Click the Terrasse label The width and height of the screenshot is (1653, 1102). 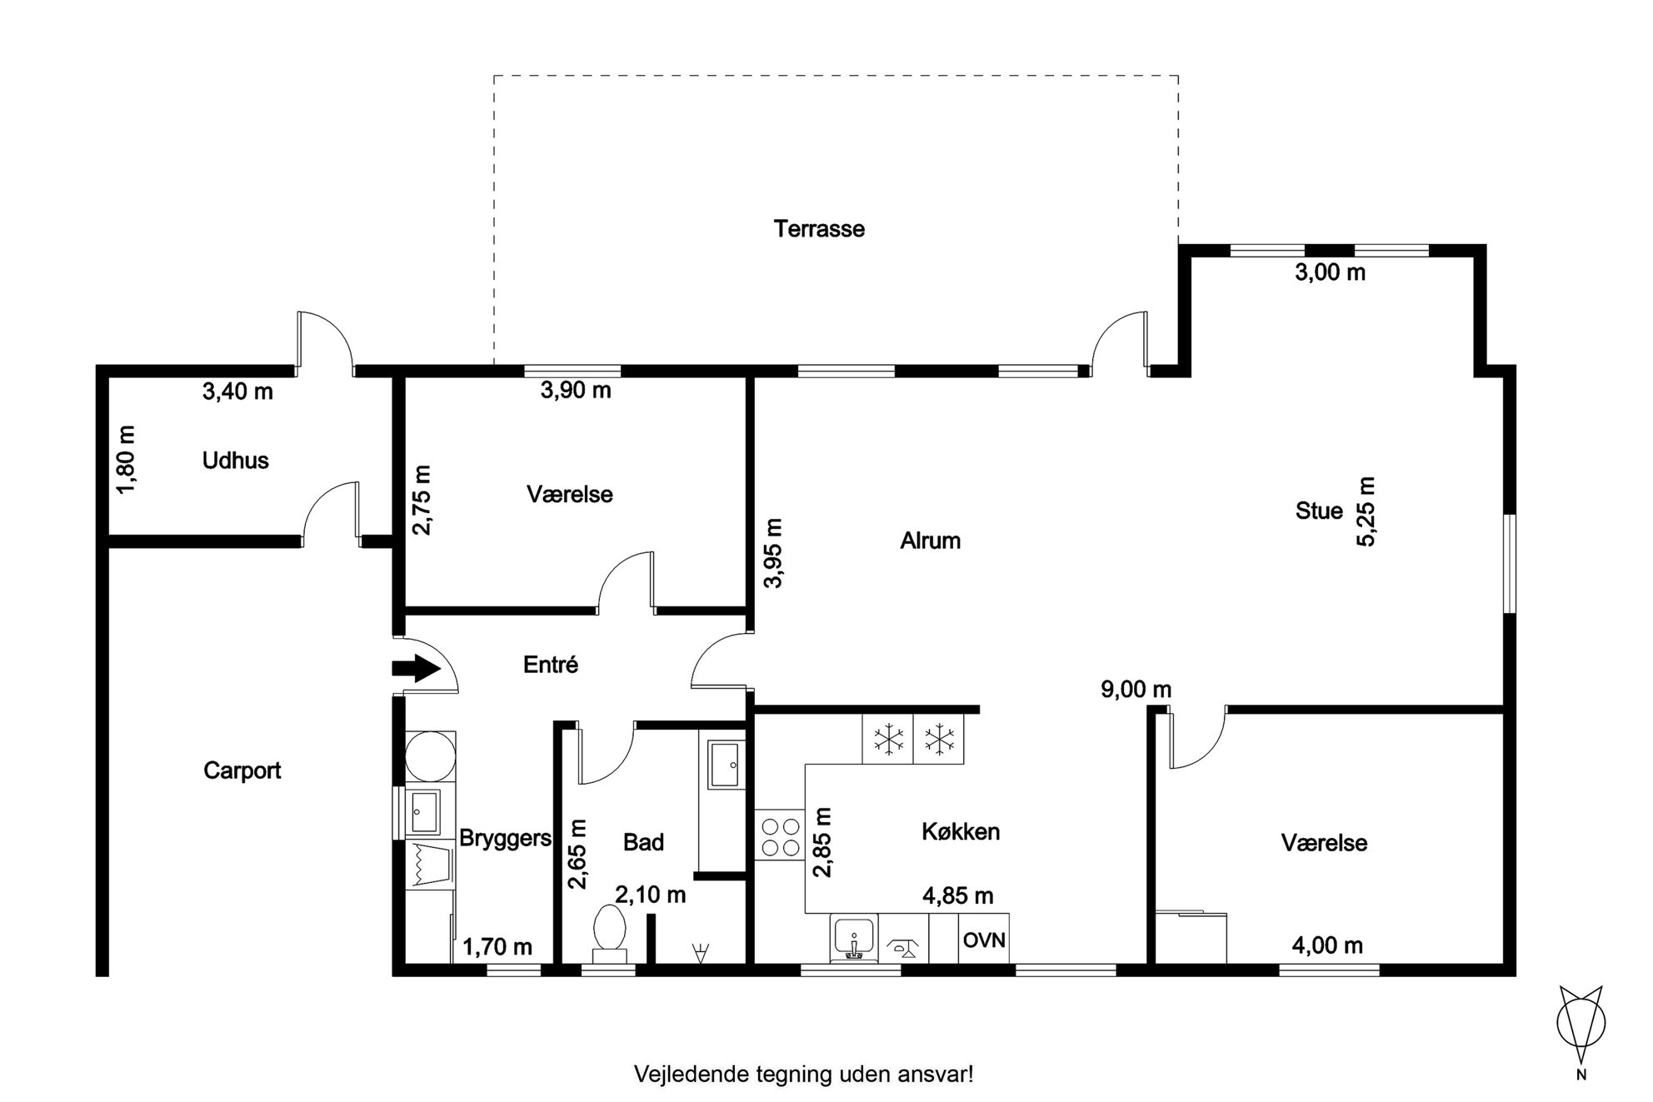(819, 229)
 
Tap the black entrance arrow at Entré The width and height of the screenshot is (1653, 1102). (416, 667)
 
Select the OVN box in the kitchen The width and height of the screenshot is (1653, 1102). (984, 940)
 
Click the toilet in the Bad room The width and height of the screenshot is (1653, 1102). (609, 935)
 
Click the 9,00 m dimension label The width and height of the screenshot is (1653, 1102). (1136, 690)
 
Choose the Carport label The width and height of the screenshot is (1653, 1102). (242, 770)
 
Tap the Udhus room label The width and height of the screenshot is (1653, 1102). (235, 461)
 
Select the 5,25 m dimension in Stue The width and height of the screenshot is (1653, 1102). (1366, 511)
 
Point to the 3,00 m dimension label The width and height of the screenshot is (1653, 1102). (1330, 272)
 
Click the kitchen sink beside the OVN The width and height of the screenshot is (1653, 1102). (853, 939)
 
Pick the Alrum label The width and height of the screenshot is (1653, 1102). (930, 541)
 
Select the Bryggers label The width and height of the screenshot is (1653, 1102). (505, 839)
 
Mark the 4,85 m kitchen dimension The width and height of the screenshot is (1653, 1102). (957, 896)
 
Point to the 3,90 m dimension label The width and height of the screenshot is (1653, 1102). (576, 390)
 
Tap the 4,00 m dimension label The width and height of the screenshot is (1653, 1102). (1327, 945)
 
